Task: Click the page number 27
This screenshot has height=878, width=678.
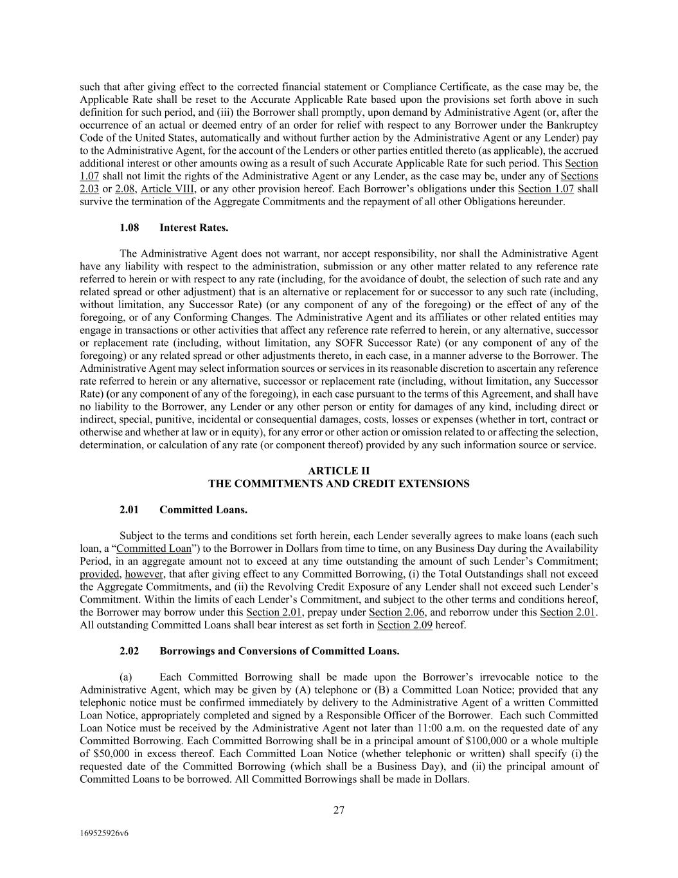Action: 339,810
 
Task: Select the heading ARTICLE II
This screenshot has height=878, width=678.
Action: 339,471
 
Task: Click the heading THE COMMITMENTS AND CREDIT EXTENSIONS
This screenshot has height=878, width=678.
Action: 339,484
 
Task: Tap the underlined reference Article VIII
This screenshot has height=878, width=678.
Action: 168,189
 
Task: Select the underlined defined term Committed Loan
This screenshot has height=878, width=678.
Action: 154,549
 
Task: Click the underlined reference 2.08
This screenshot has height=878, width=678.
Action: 125,189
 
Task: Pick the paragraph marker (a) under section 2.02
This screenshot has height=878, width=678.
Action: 126,677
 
